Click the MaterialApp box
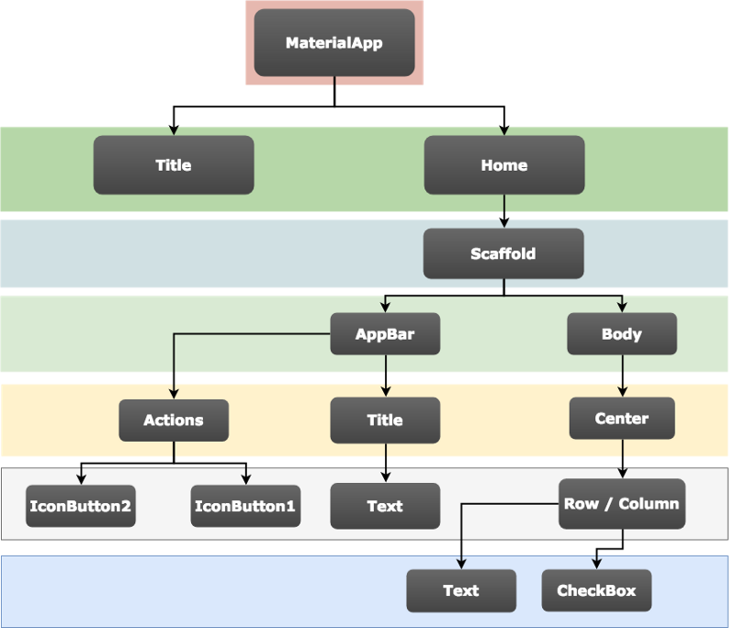(x=334, y=42)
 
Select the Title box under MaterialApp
(x=174, y=165)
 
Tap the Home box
(x=504, y=165)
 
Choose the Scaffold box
(x=503, y=253)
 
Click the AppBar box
(x=385, y=334)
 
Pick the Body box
(x=622, y=334)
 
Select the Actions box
(x=174, y=421)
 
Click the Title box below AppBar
(x=385, y=421)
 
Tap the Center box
(x=622, y=418)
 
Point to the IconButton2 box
(x=81, y=506)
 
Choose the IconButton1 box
(x=245, y=506)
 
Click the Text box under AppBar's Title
(x=385, y=506)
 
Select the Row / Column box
(x=622, y=504)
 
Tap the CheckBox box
(x=596, y=590)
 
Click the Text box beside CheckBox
(x=461, y=590)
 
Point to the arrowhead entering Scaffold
(x=503, y=223)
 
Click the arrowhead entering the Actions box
(x=174, y=393)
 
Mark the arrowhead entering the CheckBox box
(x=596, y=564)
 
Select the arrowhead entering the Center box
(x=623, y=391)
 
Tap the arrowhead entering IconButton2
(x=81, y=479)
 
